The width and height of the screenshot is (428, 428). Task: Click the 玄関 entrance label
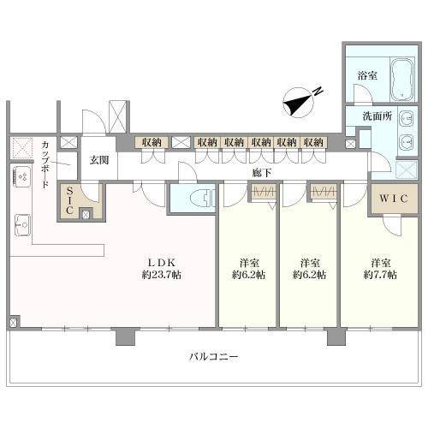(x=99, y=160)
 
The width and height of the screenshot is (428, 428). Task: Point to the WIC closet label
(x=393, y=199)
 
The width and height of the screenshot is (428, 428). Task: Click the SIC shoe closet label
(x=69, y=200)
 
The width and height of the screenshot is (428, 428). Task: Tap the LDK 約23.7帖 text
(x=162, y=269)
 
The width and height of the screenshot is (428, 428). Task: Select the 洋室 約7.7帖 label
(x=380, y=269)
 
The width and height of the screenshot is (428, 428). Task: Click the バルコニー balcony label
(x=214, y=357)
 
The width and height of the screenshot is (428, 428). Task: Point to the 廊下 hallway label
(x=262, y=173)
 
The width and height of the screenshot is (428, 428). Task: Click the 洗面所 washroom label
(x=377, y=116)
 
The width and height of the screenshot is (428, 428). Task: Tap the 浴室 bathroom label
(x=367, y=75)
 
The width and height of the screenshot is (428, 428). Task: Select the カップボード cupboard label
(x=45, y=164)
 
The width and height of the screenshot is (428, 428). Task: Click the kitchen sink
(x=22, y=225)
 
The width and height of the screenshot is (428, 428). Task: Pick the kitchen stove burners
(x=22, y=177)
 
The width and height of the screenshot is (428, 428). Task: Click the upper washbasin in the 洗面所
(x=406, y=118)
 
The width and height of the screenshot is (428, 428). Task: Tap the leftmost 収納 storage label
(x=152, y=142)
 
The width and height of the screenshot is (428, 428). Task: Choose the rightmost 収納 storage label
(x=313, y=142)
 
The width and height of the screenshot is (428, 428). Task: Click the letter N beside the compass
(x=318, y=91)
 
